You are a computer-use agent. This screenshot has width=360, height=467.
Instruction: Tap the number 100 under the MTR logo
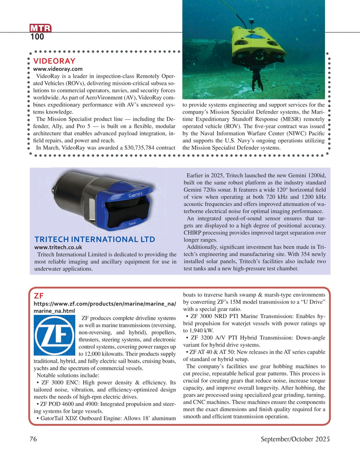click(x=37, y=38)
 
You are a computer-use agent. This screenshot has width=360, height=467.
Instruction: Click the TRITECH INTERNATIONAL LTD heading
click(x=94, y=239)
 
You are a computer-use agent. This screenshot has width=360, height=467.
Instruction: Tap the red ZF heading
click(x=38, y=296)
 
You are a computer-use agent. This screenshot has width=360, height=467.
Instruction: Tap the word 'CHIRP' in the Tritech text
click(x=194, y=232)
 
